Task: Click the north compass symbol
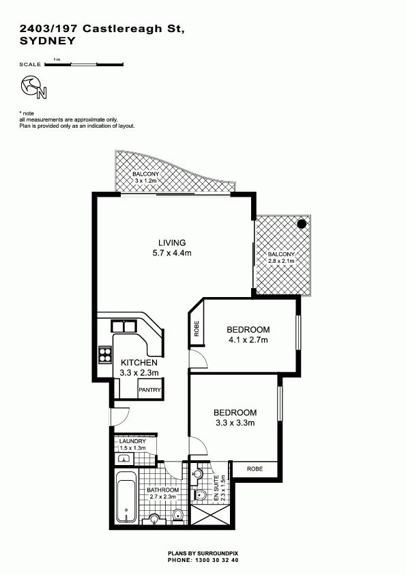[33, 87]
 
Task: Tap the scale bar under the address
[84, 65]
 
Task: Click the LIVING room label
[172, 242]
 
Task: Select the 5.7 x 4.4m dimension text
[172, 253]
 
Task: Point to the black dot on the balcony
[302, 224]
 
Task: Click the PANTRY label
[149, 390]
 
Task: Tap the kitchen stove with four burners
[104, 354]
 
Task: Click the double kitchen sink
[123, 326]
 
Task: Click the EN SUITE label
[216, 488]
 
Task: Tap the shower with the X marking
[209, 517]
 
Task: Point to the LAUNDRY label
[132, 441]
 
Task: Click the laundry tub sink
[124, 458]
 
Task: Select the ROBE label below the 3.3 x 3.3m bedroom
[255, 468]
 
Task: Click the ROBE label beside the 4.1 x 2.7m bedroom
[197, 328]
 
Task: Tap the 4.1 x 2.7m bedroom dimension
[248, 339]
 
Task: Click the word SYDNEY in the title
[47, 41]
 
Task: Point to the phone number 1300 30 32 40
[215, 560]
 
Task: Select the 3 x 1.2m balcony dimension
[146, 181]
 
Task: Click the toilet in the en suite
[201, 496]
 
